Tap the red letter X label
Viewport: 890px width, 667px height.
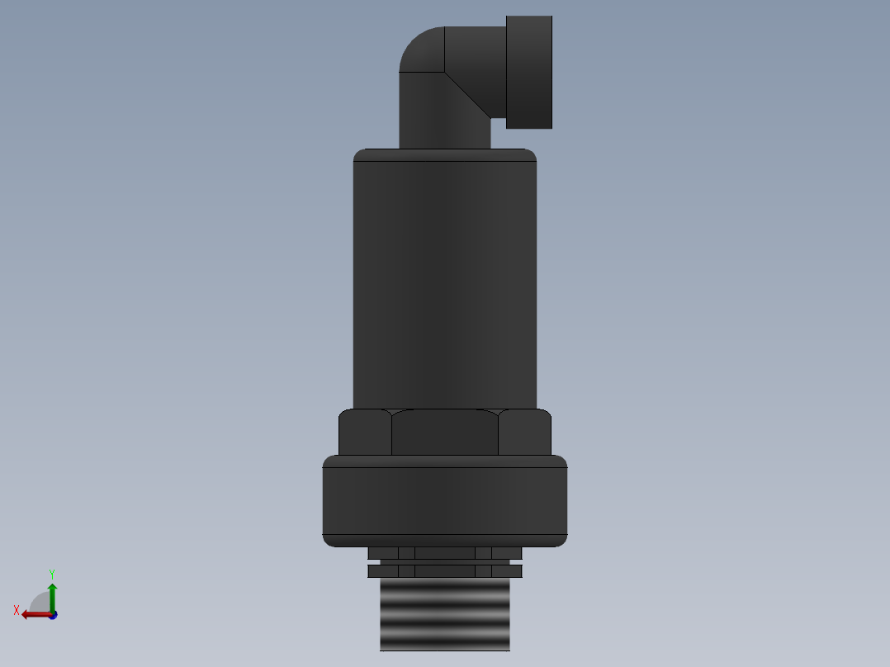tap(17, 611)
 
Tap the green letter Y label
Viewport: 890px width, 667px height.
tap(52, 573)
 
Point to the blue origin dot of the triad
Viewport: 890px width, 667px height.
tap(53, 615)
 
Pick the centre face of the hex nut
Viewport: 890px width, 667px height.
tap(445, 433)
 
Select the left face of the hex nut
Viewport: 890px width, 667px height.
tap(365, 433)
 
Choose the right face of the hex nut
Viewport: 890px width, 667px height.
tap(524, 433)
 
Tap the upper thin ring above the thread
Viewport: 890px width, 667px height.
tap(444, 552)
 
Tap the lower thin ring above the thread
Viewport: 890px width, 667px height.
tap(444, 570)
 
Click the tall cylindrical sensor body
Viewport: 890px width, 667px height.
tap(444, 281)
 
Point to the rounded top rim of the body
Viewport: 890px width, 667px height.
tap(444, 154)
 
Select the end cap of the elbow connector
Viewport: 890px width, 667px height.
tap(528, 72)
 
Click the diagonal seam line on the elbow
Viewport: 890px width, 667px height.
tap(466, 92)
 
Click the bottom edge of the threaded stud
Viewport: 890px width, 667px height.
tap(444, 649)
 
